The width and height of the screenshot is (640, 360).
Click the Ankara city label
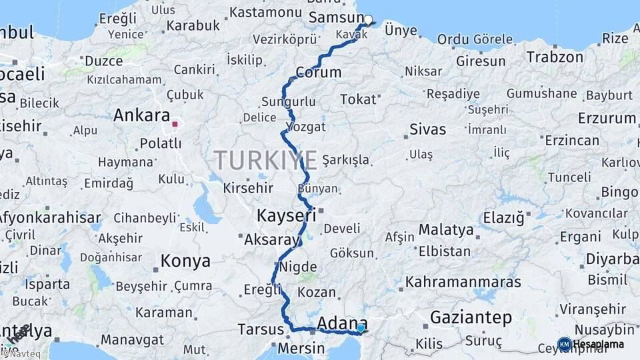[141, 115]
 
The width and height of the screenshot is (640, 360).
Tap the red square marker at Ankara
[175, 124]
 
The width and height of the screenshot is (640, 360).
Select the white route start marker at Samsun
[367, 19]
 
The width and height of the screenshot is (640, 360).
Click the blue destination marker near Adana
[361, 327]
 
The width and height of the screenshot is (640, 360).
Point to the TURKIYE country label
[265, 161]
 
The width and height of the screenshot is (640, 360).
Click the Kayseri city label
[286, 215]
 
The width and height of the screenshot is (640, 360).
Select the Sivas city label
[427, 129]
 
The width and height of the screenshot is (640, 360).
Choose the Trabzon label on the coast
[555, 57]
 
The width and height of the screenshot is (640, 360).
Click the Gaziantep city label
[471, 317]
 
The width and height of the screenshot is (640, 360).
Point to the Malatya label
[446, 230]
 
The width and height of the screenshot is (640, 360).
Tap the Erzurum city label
[607, 118]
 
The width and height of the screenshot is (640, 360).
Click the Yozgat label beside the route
[305, 127]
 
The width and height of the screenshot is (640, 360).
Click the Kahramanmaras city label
[463, 281]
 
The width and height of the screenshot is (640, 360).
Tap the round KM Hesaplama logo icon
[565, 344]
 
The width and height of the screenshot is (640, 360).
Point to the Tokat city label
[358, 99]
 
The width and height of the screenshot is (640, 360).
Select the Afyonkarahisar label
[49, 217]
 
